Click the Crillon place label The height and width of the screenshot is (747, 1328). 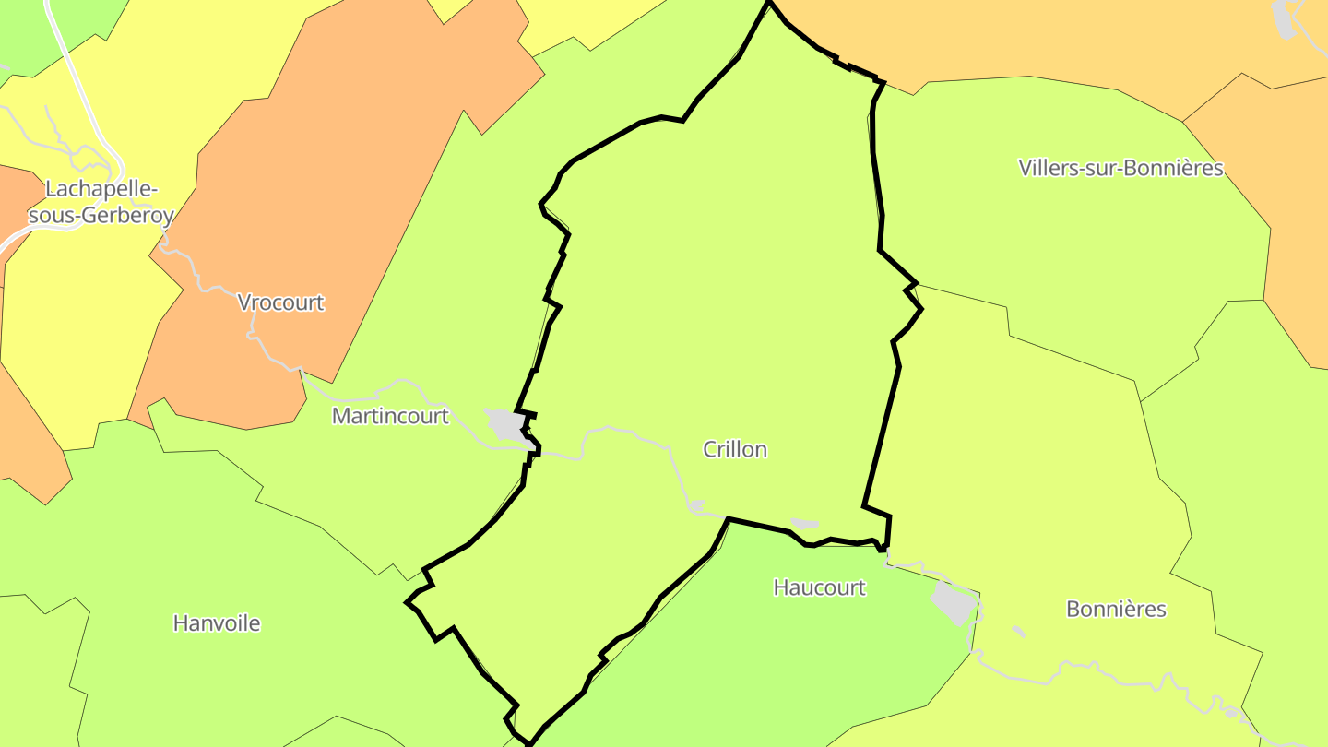click(735, 449)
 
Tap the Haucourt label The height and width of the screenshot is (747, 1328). click(819, 587)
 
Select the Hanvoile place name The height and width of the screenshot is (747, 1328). click(217, 623)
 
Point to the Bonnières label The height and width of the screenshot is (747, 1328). click(1116, 609)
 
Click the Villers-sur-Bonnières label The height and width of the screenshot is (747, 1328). click(1120, 168)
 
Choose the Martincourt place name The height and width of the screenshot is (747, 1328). click(390, 416)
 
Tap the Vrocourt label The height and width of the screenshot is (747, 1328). click(281, 302)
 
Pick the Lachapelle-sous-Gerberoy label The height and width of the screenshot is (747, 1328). click(101, 202)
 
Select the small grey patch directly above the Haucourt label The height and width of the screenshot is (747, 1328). click(804, 524)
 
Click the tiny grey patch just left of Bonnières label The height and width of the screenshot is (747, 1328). click(1018, 632)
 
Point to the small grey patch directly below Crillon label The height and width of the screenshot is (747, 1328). click(697, 505)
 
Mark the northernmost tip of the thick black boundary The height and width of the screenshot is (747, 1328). click(768, 3)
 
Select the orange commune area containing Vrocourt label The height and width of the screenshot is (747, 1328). click(350, 184)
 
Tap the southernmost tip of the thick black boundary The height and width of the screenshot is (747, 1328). click(528, 742)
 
